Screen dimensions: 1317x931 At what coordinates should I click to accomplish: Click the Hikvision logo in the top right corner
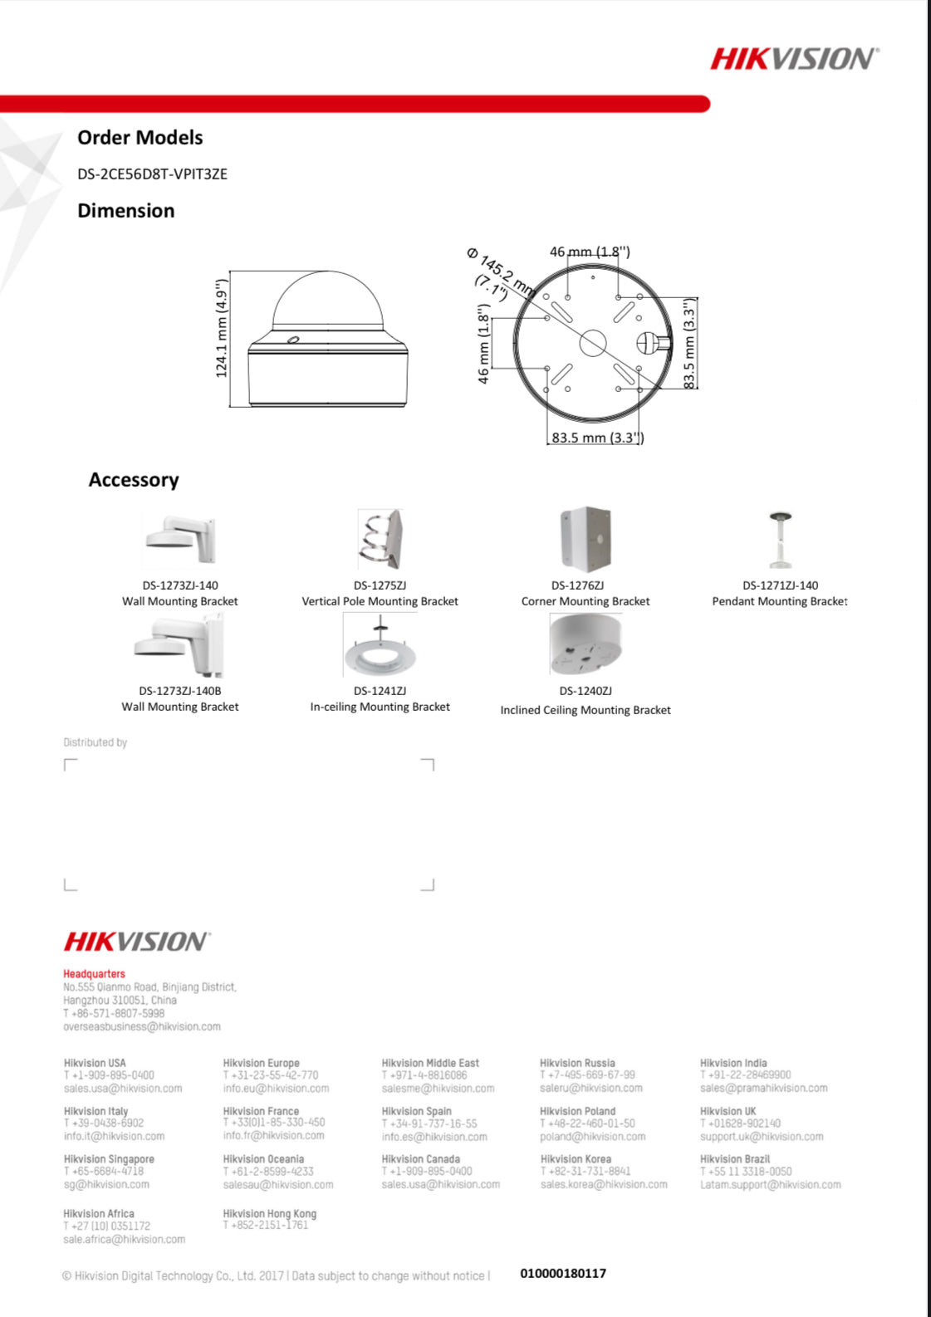coord(793,59)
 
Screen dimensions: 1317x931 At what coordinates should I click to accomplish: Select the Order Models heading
coord(140,138)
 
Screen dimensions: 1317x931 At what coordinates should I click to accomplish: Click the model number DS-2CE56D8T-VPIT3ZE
coord(152,174)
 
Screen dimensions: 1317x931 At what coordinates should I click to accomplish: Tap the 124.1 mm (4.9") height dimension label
coord(222,329)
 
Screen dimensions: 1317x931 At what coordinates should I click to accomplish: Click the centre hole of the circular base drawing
coord(592,341)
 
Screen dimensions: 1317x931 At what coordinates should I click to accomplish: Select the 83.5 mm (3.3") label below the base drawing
coord(597,438)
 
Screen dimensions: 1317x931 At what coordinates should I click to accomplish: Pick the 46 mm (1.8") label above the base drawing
coord(590,252)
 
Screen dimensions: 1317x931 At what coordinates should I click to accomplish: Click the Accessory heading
coord(134,480)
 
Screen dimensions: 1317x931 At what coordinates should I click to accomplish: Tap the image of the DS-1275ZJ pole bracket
coord(380,540)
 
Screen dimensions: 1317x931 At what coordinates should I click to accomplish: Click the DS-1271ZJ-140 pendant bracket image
coord(780,539)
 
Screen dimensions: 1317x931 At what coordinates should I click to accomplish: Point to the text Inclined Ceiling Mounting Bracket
coord(586,710)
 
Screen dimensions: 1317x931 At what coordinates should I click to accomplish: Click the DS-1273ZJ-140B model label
coord(180,691)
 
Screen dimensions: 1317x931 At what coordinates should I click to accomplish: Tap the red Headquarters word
coord(95,974)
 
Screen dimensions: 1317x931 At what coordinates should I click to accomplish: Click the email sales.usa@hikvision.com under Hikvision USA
coord(123,1089)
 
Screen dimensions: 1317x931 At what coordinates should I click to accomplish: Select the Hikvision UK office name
coord(728,1111)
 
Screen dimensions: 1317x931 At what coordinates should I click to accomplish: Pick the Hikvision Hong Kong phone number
coord(265,1225)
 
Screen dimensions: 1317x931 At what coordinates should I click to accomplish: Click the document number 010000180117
coord(563,1274)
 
